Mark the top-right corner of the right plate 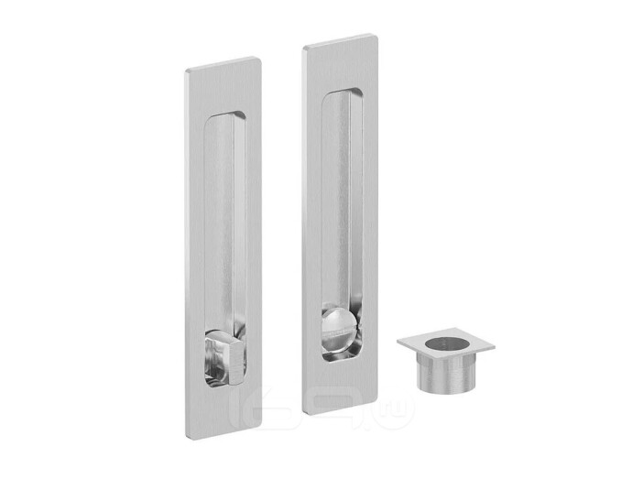(375, 37)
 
